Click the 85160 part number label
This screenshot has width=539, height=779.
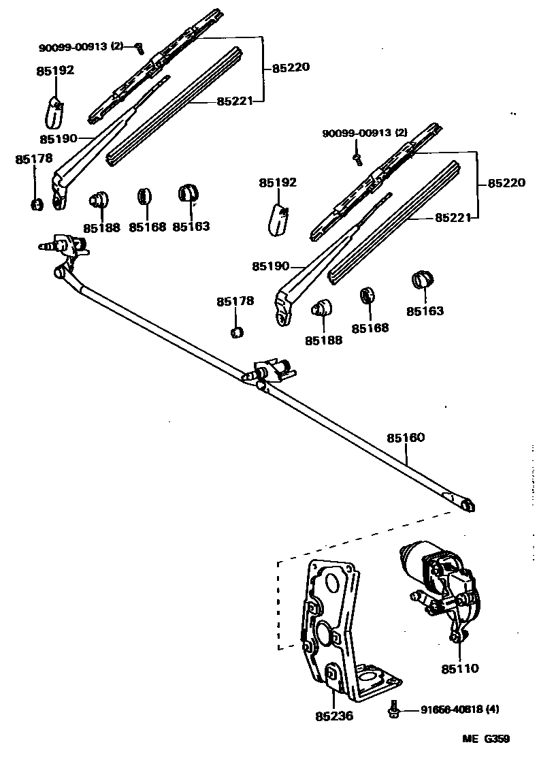(x=406, y=437)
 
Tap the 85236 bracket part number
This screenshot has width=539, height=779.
(x=334, y=716)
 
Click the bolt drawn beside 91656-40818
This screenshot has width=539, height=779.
(x=393, y=708)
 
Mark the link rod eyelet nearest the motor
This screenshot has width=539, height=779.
(x=466, y=505)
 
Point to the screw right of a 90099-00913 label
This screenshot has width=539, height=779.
(x=140, y=48)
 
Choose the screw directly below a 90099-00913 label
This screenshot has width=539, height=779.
(x=356, y=158)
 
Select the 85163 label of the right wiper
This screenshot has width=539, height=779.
(x=425, y=311)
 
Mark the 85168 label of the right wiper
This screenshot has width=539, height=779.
(x=370, y=328)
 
